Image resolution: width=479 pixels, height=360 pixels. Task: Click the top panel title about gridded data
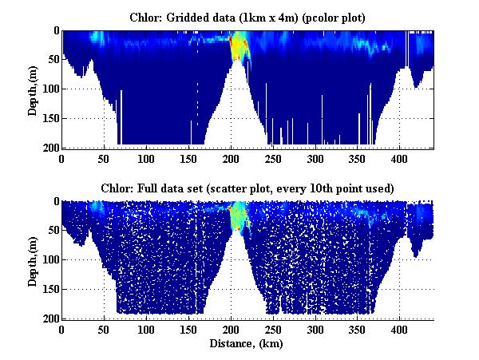coord(247,17)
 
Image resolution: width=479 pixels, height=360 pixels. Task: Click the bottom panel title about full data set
coord(247,188)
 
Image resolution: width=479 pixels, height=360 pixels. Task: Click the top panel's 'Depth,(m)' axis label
coord(33,89)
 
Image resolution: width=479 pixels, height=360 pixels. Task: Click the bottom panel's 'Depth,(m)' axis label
coord(33,259)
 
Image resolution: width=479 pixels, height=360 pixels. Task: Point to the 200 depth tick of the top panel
coord(51,148)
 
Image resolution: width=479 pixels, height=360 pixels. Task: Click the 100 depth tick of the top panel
coord(51,89)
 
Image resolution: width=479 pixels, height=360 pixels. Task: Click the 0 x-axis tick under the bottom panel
coord(62,329)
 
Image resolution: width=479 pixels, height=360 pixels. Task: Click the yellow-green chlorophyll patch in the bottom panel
coord(237,215)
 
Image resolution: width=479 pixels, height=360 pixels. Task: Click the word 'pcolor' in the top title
coord(326,17)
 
